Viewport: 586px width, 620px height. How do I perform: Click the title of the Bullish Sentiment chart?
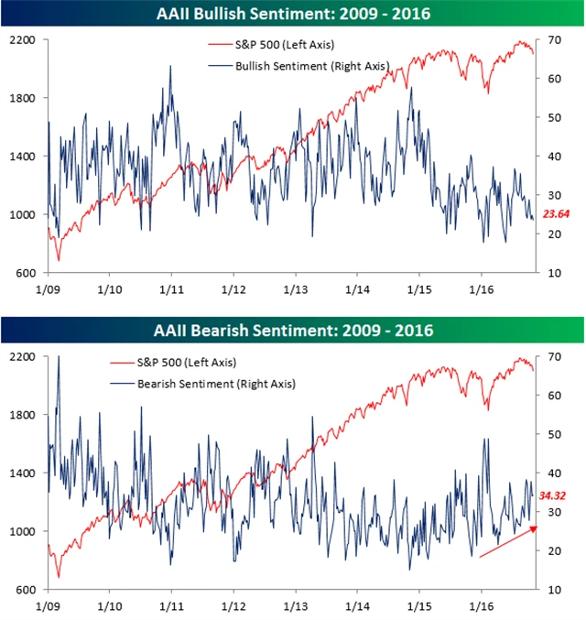tap(292, 14)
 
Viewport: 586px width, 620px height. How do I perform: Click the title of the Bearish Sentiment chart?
tap(292, 329)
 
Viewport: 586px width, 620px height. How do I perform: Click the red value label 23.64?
tap(557, 214)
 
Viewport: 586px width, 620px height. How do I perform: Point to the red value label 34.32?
tap(555, 495)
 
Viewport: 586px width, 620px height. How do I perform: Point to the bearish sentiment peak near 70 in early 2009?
tap(59, 358)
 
